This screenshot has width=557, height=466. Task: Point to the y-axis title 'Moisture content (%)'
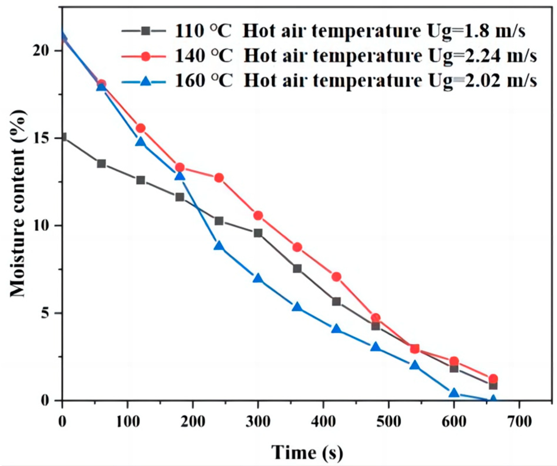point(18,203)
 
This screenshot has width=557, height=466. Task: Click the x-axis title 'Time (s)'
point(307,452)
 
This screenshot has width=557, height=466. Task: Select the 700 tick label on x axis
point(519,422)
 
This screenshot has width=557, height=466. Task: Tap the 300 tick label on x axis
point(258,422)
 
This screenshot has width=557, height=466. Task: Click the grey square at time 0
point(63,137)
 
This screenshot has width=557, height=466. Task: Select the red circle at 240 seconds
point(219,178)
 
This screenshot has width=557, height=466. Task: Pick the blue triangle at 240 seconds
point(219,246)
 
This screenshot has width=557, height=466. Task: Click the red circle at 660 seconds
point(493,378)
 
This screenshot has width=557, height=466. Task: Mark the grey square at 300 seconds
point(258,233)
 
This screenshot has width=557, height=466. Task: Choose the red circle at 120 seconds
point(140,128)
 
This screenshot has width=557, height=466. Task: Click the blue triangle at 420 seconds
point(336,329)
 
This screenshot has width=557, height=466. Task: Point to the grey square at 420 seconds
point(336,301)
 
